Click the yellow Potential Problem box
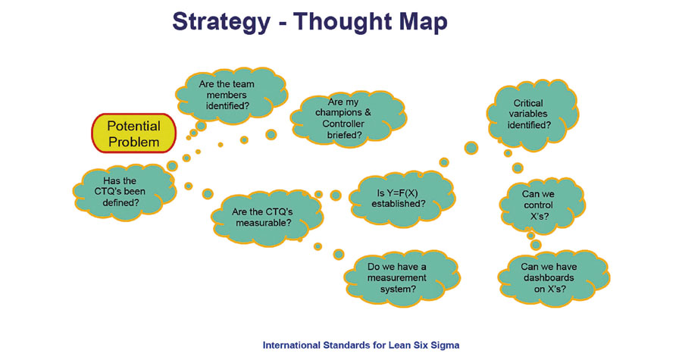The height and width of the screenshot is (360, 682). [133, 133]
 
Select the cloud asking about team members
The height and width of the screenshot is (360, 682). [224, 91]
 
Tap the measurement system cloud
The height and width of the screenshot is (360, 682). [397, 277]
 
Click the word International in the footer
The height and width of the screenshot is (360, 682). [293, 345]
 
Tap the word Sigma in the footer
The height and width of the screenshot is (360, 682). [445, 345]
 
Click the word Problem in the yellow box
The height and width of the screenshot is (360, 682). [133, 142]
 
